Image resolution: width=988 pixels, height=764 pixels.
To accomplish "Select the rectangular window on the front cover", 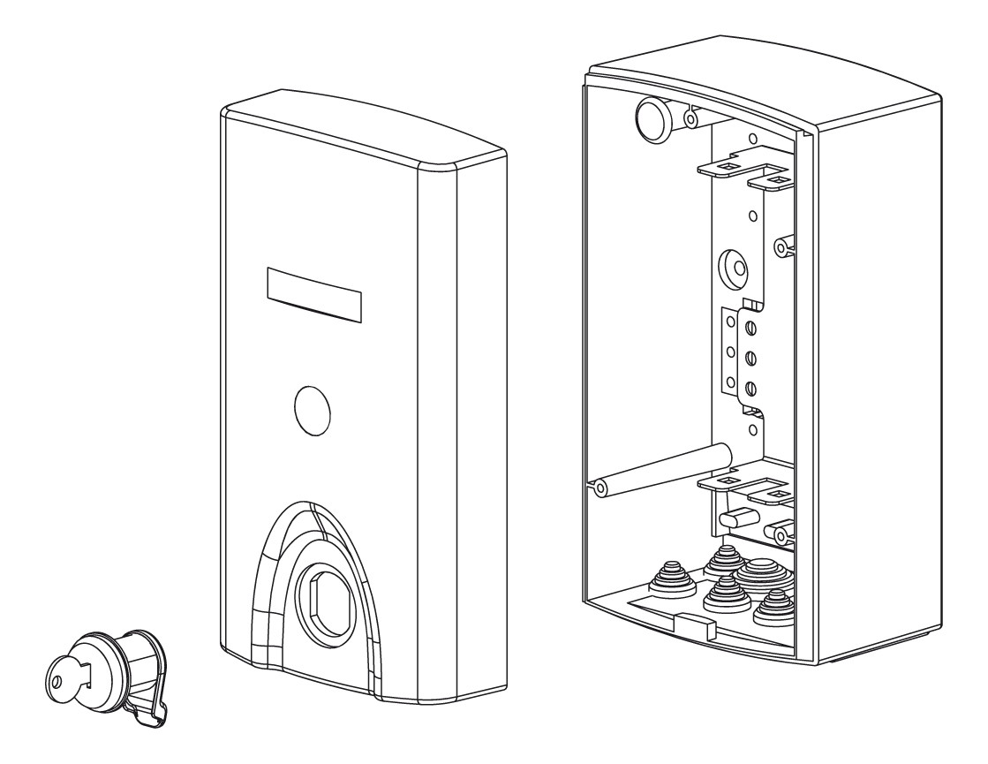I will [313, 292].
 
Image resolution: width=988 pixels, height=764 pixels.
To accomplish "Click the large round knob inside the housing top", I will [654, 118].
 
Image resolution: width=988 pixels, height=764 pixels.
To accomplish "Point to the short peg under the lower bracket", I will [736, 515].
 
